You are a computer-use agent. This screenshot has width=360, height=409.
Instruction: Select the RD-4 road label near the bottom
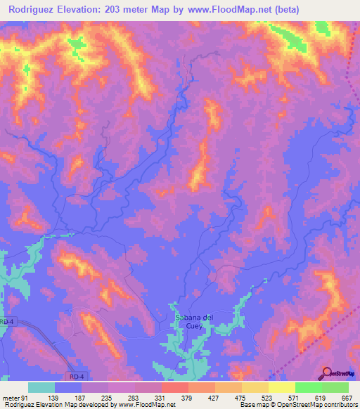tap(77, 377)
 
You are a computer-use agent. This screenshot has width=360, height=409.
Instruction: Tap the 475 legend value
tap(240, 398)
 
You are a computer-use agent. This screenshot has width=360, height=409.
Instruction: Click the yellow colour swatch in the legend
tap(281, 387)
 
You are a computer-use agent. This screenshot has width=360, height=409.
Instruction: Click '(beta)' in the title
tap(299, 10)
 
